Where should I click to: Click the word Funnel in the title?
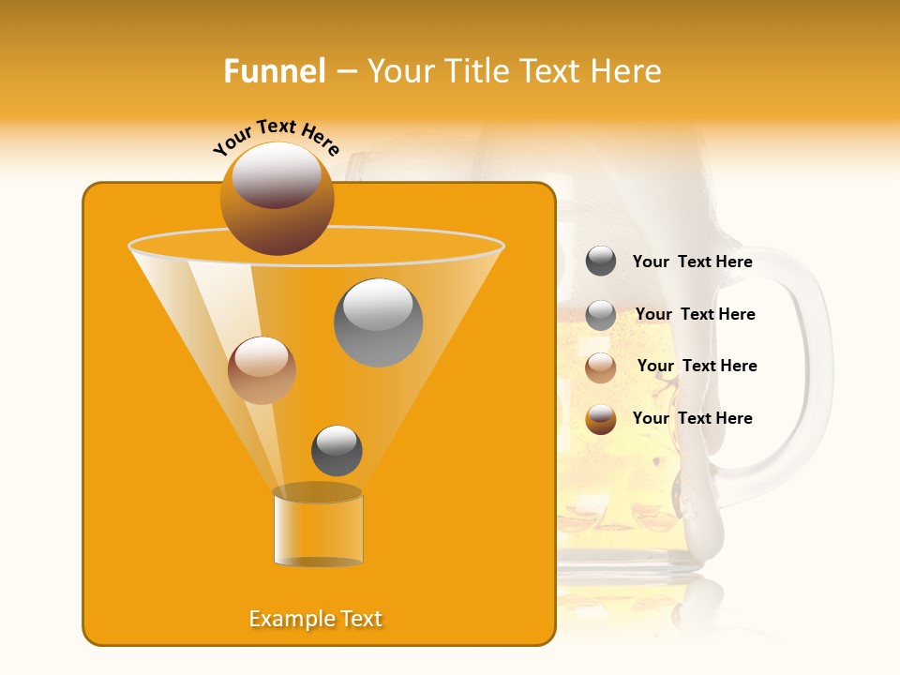pos(274,71)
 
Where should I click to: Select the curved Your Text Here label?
pos(277,136)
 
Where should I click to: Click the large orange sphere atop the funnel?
pos(277,198)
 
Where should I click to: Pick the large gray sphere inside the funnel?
pos(378,322)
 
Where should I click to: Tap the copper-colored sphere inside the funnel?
pos(262,370)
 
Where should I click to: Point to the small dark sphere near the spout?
pos(337,451)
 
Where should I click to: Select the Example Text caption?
pos(316,619)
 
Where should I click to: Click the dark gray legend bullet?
pos(601,262)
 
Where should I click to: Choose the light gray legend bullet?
pos(601,315)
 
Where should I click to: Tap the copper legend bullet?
pos(601,367)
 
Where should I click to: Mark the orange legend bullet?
pos(601,419)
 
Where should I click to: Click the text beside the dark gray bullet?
pos(692,262)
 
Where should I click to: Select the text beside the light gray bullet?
pos(695,315)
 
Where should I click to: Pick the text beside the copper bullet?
pos(697,367)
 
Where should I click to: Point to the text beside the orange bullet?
pos(692,418)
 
